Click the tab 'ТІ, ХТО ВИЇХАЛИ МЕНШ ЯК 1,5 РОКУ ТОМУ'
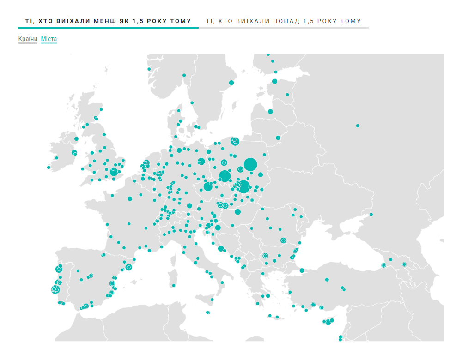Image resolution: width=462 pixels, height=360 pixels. [108, 21]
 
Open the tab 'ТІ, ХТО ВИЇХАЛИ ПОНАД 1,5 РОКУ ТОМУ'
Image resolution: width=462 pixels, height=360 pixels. [283, 21]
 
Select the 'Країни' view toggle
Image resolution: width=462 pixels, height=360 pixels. [28, 39]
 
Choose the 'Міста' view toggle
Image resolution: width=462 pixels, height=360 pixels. [49, 39]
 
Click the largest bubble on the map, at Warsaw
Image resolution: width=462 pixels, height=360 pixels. [250, 164]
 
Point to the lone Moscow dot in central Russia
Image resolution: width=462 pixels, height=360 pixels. [358, 126]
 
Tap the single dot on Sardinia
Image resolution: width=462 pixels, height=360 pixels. [174, 285]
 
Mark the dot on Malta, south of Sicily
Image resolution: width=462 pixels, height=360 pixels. [207, 312]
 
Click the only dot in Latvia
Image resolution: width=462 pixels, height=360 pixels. [270, 111]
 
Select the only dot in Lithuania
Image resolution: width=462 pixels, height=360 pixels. [278, 138]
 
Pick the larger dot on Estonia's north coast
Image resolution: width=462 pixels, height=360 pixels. [274, 81]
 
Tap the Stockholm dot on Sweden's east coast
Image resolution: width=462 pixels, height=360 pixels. [231, 83]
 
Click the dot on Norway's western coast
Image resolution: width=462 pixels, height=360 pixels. [149, 69]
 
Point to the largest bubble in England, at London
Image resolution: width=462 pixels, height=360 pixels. [114, 172]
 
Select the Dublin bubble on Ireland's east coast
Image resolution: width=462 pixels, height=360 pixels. [74, 153]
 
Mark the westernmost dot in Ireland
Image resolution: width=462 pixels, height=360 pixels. [49, 168]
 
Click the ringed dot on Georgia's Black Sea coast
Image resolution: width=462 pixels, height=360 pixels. [383, 265]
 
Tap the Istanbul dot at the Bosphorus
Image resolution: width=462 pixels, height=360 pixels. [302, 270]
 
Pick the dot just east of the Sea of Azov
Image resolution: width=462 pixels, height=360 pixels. [371, 214]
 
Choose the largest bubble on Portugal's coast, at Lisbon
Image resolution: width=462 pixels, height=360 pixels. [55, 289]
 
